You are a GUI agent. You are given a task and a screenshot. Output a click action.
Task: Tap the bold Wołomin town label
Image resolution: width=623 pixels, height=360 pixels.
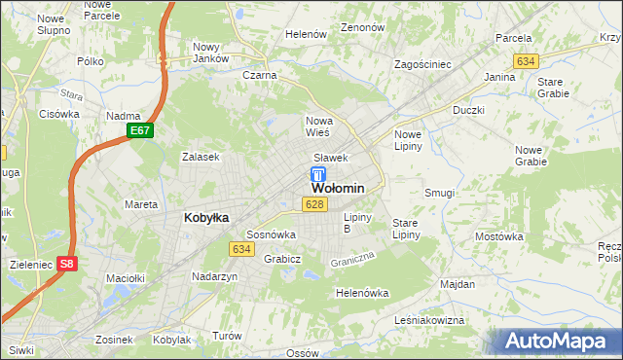click(x=338, y=189)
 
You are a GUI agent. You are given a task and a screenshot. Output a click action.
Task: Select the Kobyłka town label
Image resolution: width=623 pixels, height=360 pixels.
click(x=206, y=218)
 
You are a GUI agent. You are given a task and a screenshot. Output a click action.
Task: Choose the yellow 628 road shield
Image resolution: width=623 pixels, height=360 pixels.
click(x=313, y=204)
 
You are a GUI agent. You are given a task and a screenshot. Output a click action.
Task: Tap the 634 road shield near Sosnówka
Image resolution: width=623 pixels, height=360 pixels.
click(x=242, y=249)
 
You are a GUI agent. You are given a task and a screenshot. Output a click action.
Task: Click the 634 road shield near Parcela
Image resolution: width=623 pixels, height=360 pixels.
click(x=527, y=61)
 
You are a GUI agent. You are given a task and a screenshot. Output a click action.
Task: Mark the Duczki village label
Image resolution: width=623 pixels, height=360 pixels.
click(x=468, y=111)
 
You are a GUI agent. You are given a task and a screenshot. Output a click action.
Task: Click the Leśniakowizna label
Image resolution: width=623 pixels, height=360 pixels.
click(x=426, y=319)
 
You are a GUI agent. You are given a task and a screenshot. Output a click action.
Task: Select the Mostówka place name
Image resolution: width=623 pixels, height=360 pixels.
click(x=499, y=236)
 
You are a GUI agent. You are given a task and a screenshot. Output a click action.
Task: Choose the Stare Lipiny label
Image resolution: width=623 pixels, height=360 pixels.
click(x=405, y=229)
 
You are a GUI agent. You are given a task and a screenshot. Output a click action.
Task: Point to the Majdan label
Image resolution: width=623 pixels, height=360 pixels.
click(x=458, y=284)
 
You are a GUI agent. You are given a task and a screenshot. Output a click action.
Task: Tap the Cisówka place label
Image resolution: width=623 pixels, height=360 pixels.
click(x=59, y=114)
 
